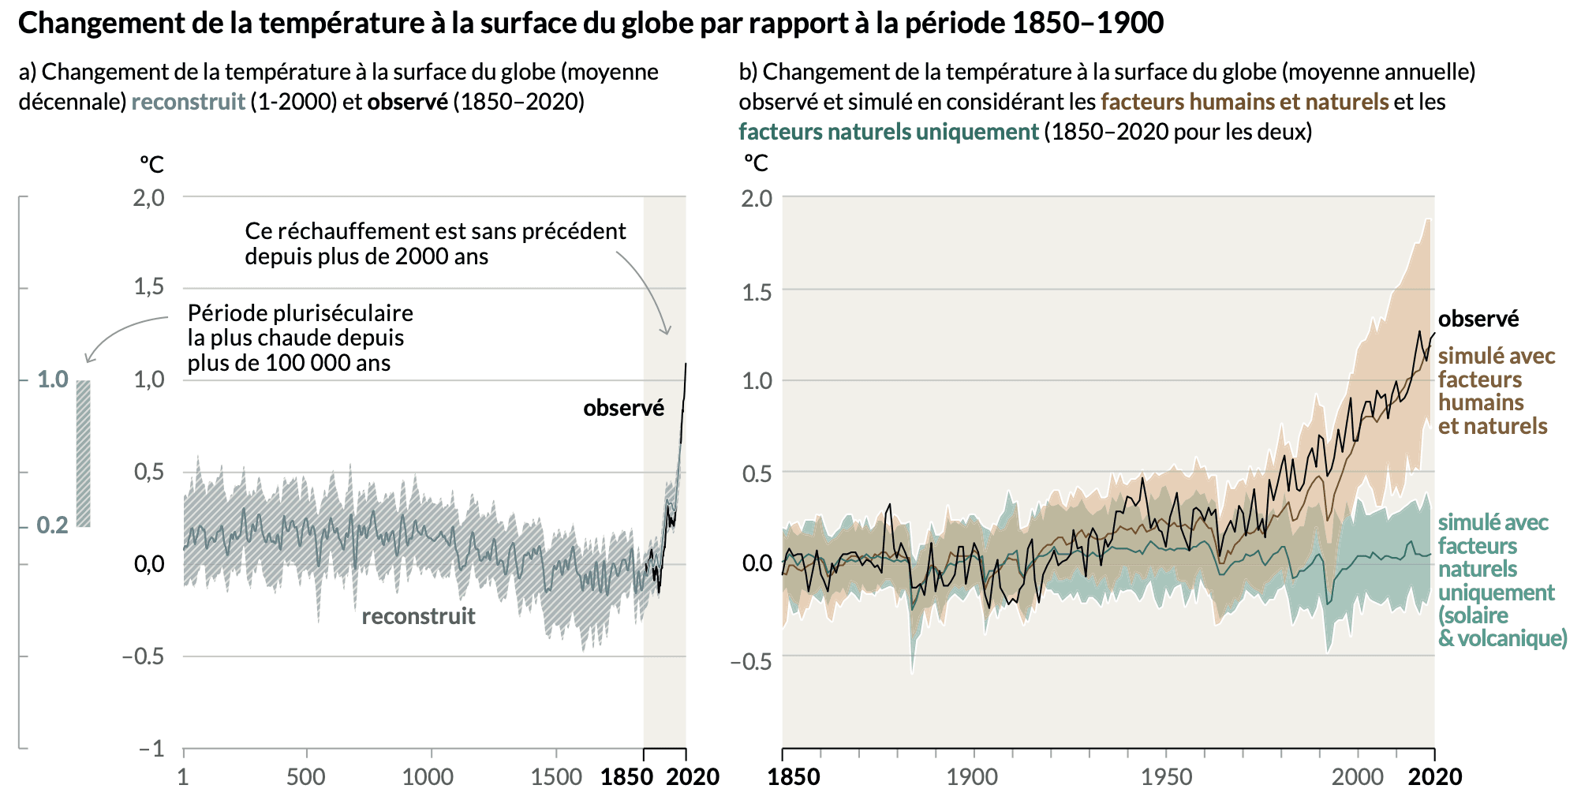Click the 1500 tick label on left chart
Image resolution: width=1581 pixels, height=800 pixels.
click(x=556, y=777)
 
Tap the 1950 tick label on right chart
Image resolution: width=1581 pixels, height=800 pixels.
click(x=1167, y=777)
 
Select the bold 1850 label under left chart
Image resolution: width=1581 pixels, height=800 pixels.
click(x=626, y=777)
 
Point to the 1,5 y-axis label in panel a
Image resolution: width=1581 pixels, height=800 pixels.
click(x=148, y=286)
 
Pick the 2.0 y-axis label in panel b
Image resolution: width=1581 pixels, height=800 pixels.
click(x=757, y=198)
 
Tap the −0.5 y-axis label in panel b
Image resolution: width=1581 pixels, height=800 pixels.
click(x=751, y=661)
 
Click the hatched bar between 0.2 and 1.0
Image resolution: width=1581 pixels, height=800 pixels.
click(x=83, y=453)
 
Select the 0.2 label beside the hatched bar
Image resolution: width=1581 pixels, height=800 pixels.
click(x=52, y=525)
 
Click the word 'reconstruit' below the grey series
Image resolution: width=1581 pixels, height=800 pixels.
click(x=418, y=616)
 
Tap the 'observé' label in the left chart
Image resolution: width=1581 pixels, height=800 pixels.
click(x=623, y=408)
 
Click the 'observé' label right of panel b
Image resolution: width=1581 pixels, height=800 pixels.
click(x=1478, y=319)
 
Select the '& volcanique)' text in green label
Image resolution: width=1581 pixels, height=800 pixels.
click(x=1502, y=638)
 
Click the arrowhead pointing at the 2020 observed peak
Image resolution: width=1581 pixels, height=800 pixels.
click(x=667, y=331)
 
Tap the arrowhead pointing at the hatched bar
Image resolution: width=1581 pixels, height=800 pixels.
click(x=88, y=360)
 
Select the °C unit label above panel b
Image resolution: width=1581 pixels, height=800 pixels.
click(x=755, y=163)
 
